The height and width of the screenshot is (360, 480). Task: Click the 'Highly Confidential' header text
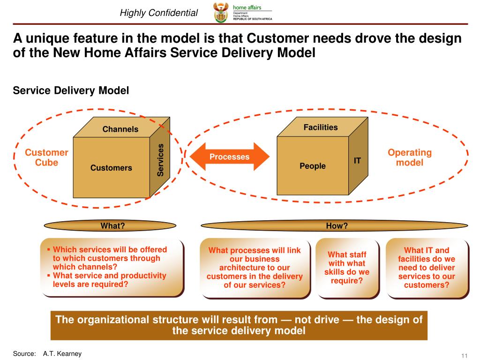158,13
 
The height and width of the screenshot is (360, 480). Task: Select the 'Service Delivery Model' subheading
70,90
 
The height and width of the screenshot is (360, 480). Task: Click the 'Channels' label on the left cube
120,129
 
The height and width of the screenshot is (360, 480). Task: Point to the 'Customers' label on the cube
111,167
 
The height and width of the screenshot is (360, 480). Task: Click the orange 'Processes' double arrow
229,157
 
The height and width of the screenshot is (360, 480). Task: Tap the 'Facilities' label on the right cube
321,127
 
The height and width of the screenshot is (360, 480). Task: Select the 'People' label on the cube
313,166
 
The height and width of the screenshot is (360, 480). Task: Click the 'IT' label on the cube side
357,161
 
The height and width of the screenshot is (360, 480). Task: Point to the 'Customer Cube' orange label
46,157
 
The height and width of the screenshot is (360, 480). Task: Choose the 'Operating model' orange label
410,157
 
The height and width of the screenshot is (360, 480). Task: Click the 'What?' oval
112,226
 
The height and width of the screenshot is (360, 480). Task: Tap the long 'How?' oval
337,226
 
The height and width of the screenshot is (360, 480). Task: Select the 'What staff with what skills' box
347,268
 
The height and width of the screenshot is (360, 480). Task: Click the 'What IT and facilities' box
427,268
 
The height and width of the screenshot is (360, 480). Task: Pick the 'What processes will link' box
255,268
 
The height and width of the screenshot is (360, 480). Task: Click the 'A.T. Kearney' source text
59,353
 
